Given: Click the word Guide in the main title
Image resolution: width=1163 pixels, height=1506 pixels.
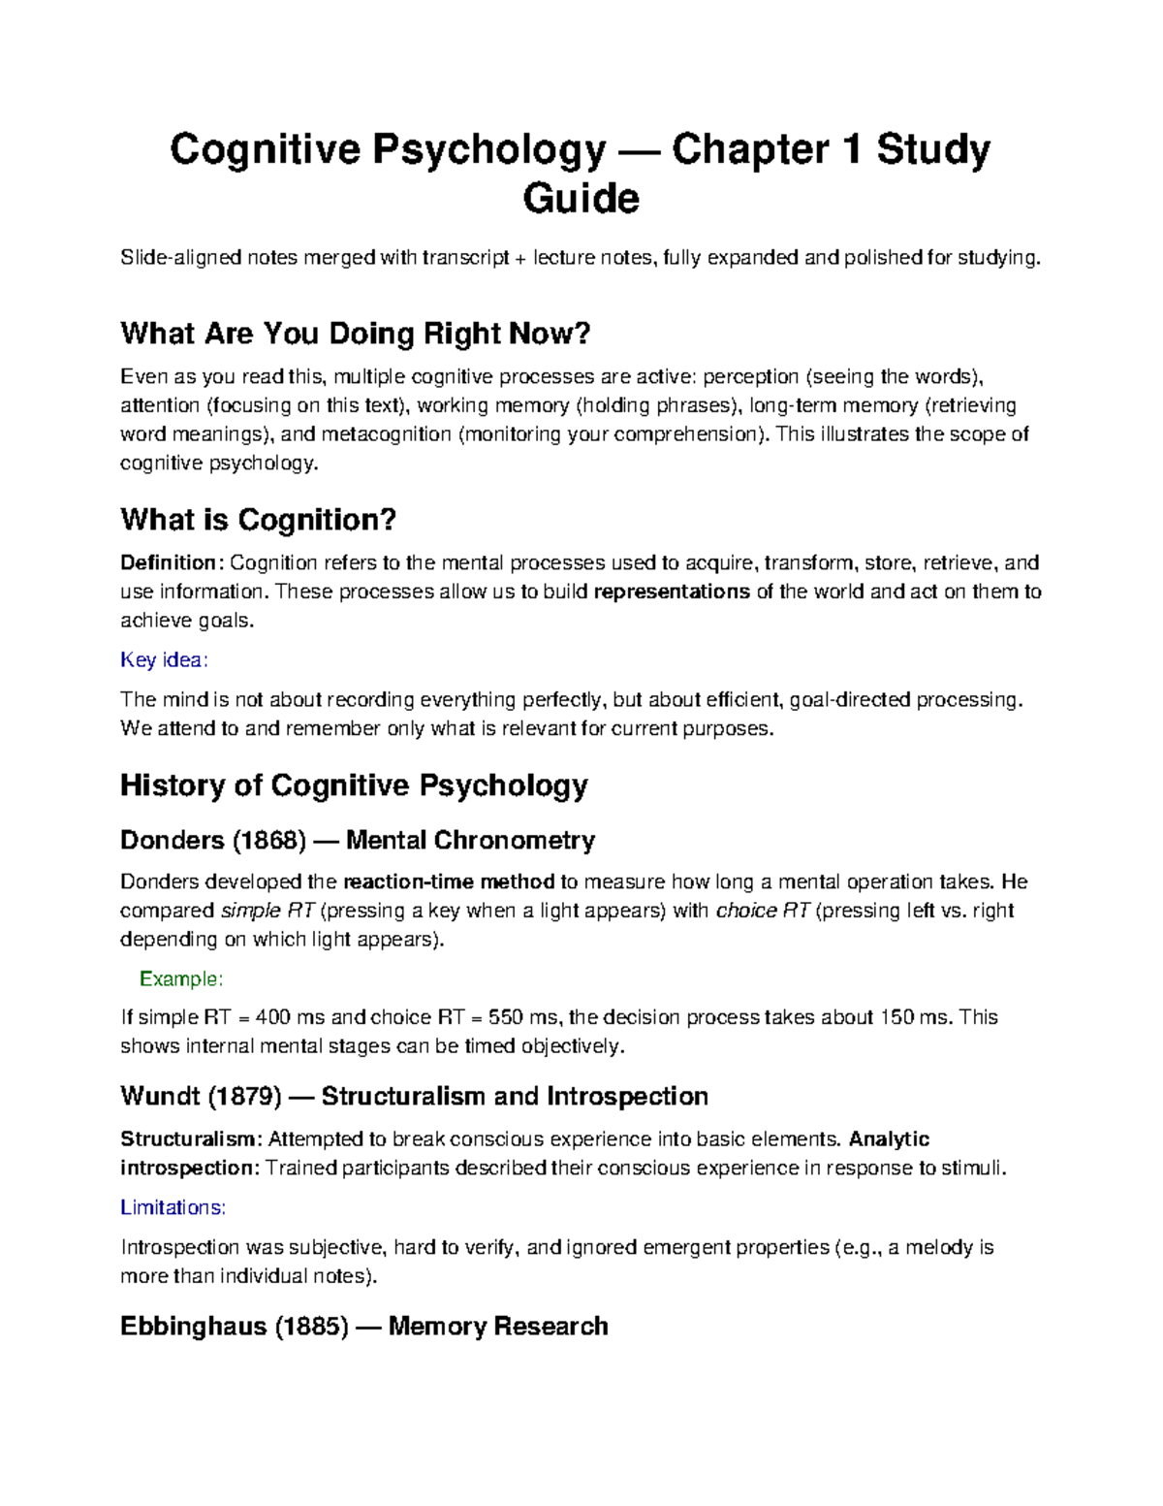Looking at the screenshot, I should click(x=581, y=199).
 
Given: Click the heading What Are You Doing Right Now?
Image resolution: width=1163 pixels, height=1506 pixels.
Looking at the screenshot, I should click(x=355, y=334).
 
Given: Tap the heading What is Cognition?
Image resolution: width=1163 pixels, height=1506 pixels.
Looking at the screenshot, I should click(x=258, y=520).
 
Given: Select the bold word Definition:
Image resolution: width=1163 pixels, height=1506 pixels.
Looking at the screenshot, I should click(x=172, y=562).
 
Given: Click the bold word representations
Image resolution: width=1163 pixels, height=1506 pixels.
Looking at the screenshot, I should click(x=671, y=592).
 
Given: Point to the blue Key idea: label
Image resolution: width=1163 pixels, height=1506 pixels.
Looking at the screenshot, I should click(x=164, y=660).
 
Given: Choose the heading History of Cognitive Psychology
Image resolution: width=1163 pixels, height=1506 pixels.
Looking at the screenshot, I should click(x=354, y=785).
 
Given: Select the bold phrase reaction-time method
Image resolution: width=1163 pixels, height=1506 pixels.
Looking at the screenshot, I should click(x=449, y=881).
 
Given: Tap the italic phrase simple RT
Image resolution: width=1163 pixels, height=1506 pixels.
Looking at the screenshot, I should click(x=267, y=911).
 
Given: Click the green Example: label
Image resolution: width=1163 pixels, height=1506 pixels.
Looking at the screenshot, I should click(x=181, y=978).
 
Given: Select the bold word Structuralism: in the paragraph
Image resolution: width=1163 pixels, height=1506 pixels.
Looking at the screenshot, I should click(x=190, y=1138).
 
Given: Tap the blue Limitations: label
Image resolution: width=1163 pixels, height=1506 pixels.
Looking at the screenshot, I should click(x=173, y=1207).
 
